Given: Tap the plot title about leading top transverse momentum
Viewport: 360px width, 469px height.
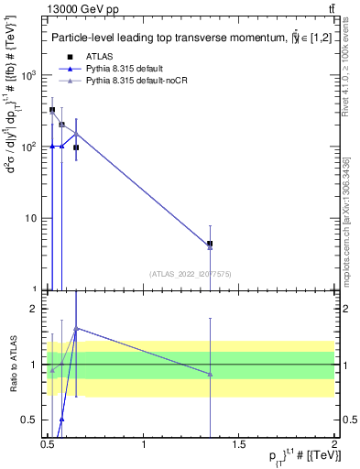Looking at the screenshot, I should [183, 38].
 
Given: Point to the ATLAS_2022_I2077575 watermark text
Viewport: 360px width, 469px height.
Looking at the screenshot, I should [191, 272].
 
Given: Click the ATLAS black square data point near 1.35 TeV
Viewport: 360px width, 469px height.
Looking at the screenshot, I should [211, 244].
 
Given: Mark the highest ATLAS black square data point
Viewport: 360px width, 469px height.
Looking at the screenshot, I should [52, 110].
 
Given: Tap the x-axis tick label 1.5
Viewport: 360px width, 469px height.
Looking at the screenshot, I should [241, 443].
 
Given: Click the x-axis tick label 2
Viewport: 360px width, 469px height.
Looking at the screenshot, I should [335, 443].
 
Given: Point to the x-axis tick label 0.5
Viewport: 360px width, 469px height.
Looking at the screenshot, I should [49, 443].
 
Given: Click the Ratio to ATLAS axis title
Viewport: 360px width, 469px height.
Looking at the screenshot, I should [11, 365].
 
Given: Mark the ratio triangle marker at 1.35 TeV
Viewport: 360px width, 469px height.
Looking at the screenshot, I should [211, 374].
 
